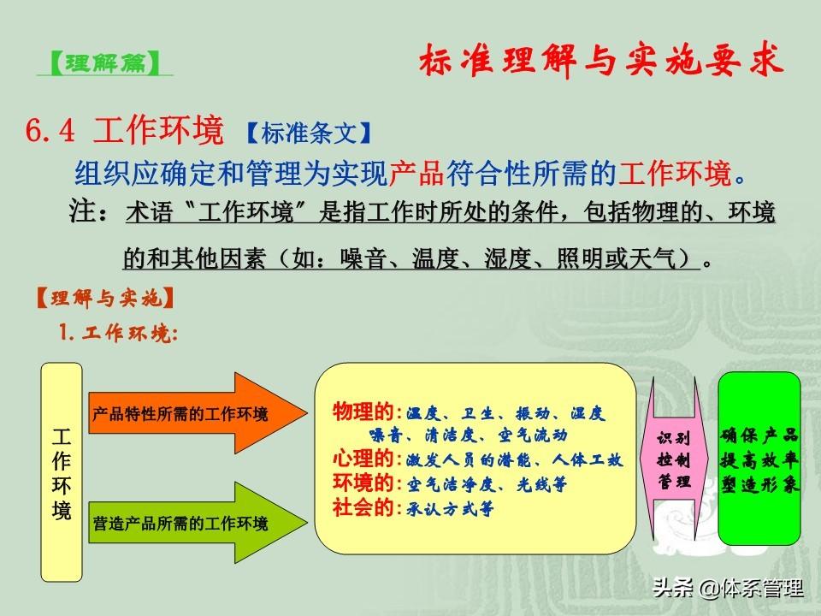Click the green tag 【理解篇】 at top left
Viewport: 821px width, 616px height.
pyautogui.click(x=104, y=62)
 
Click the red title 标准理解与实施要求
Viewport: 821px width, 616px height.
pyautogui.click(x=601, y=60)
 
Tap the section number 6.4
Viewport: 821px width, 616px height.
pyautogui.click(x=50, y=130)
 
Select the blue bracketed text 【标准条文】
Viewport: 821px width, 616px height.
pyautogui.click(x=309, y=133)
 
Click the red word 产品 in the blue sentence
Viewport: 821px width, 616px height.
pyautogui.click(x=416, y=173)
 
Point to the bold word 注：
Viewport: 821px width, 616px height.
pyautogui.click(x=90, y=211)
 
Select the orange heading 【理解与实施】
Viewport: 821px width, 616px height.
pyautogui.click(x=104, y=298)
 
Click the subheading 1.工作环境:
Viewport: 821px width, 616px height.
pyautogui.click(x=118, y=332)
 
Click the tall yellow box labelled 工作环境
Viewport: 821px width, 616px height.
pyautogui.click(x=62, y=472)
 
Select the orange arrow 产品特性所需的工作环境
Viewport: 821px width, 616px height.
pyautogui.click(x=198, y=413)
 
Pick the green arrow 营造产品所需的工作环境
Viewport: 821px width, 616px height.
pyautogui.click(x=198, y=523)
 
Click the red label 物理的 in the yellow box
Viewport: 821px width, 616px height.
pyautogui.click(x=363, y=412)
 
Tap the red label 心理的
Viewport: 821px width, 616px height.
pyautogui.click(x=363, y=459)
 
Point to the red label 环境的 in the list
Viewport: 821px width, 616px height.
pyautogui.click(x=363, y=483)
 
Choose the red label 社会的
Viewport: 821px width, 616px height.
pyautogui.click(x=363, y=507)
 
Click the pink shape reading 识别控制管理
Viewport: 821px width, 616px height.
pyautogui.click(x=675, y=459)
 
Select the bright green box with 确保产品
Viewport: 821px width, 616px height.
pyautogui.click(x=759, y=459)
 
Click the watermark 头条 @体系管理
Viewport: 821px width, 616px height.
pyautogui.click(x=728, y=588)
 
